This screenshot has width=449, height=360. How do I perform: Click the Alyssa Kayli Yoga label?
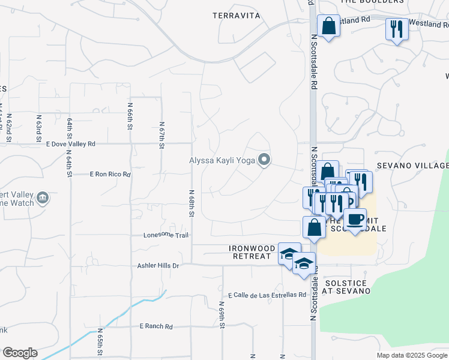pyautogui.click(x=221, y=160)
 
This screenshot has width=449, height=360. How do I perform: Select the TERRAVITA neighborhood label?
pyautogui.click(x=237, y=16)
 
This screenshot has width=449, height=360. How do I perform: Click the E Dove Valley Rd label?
pyautogui.click(x=70, y=144)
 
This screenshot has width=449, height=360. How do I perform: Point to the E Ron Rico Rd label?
pyautogui.click(x=110, y=174)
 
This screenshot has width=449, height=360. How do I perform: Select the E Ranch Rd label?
pyautogui.click(x=156, y=326)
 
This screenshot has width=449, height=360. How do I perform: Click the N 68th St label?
pyautogui.click(x=191, y=204)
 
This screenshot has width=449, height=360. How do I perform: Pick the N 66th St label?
pyautogui.click(x=130, y=115)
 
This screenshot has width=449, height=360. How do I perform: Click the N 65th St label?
pyautogui.click(x=100, y=342)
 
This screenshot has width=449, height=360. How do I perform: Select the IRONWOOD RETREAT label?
pyautogui.click(x=252, y=251)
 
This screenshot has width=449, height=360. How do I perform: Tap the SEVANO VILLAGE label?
pyautogui.click(x=412, y=166)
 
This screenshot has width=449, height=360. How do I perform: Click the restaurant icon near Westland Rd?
pyautogui.click(x=397, y=28)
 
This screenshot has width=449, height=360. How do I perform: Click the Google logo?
pyautogui.click(x=20, y=353)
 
